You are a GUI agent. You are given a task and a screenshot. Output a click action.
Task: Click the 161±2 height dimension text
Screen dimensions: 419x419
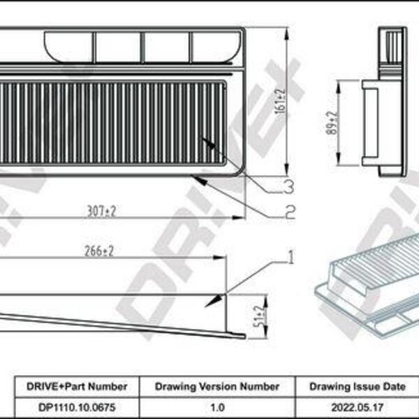click(x=281, y=101)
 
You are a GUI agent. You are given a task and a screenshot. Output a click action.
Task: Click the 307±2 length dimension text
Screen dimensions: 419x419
click(x=101, y=212)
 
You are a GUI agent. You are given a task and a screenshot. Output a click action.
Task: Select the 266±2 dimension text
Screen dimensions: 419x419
click(x=99, y=251)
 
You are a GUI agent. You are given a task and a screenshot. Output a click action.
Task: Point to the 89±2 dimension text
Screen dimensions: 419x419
click(x=332, y=123)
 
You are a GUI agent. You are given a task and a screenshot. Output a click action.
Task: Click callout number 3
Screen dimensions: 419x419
click(x=289, y=186)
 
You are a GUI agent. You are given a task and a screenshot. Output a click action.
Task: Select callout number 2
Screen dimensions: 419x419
click(x=290, y=212)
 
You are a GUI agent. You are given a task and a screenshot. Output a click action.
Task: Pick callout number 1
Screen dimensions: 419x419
click(x=291, y=257)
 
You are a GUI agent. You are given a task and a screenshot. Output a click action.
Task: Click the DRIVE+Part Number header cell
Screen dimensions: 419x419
click(x=77, y=386)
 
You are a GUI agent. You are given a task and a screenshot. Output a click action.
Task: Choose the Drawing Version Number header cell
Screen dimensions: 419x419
click(x=217, y=386)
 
